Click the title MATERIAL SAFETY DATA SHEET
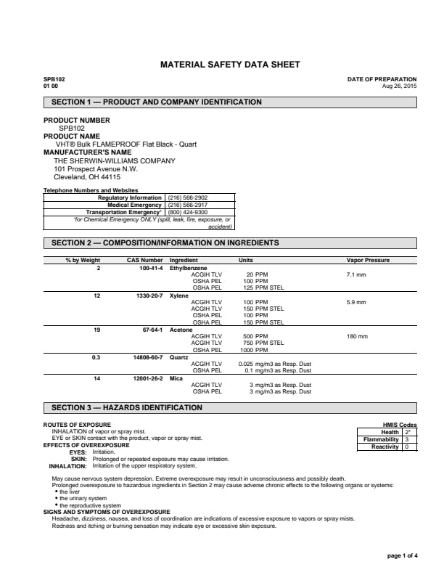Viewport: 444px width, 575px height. (229, 65)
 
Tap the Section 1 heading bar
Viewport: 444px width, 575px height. (230, 102)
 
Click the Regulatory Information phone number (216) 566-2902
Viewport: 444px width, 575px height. (187, 197)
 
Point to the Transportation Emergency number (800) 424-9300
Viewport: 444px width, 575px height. (187, 212)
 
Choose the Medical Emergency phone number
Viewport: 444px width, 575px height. (187, 205)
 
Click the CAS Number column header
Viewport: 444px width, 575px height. (145, 260)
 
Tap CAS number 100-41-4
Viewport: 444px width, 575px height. (151, 268)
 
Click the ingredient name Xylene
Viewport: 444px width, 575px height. (178, 295)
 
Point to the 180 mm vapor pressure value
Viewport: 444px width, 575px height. (357, 336)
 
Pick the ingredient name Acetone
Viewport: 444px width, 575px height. (181, 330)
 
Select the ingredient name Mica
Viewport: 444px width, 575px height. (176, 378)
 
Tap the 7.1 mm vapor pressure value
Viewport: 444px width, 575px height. (356, 275)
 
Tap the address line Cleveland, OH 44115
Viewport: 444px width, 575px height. (87, 176)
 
